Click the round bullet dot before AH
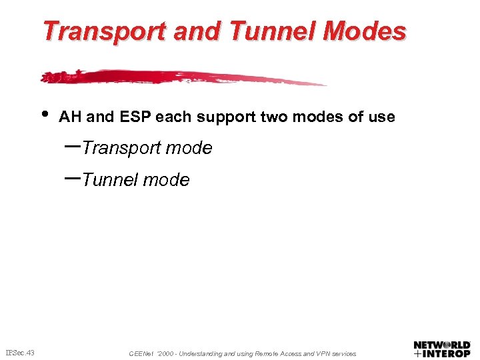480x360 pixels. coord(44,113)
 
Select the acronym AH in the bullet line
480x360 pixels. coord(70,117)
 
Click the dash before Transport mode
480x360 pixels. coord(73,145)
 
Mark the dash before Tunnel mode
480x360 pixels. coord(73,177)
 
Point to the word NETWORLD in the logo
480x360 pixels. coord(442,345)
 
